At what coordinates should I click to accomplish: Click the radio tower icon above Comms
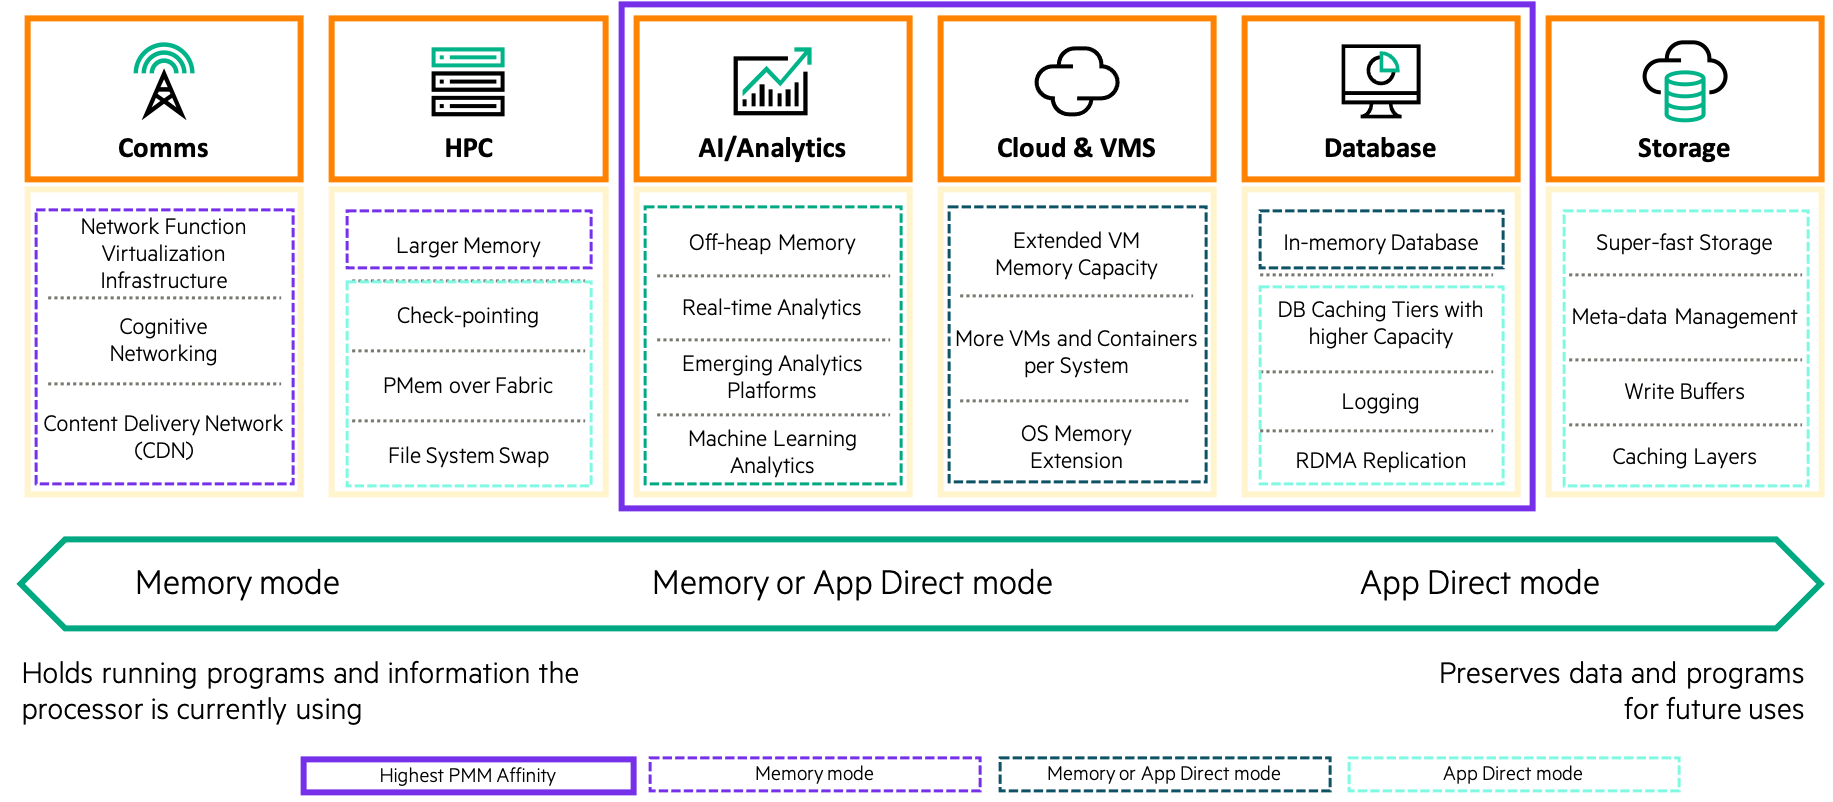[x=164, y=81]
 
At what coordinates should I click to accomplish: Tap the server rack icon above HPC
[x=468, y=81]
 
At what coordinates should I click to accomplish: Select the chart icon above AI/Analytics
[x=772, y=81]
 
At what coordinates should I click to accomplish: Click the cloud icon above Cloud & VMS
[x=1076, y=80]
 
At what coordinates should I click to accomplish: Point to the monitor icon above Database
[x=1380, y=80]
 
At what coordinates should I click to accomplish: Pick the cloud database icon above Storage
[x=1684, y=80]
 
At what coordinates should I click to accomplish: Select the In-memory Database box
[x=1380, y=241]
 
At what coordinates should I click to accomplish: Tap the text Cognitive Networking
[x=164, y=340]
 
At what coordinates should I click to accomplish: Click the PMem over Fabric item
[x=468, y=386]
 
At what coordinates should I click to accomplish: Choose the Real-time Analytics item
[x=772, y=308]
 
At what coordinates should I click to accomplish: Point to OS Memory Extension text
[x=1076, y=447]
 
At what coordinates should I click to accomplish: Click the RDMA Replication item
[x=1380, y=461]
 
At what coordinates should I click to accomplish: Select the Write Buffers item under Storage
[x=1684, y=392]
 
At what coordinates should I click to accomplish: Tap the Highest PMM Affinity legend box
[x=468, y=775]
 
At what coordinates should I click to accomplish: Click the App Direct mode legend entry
[x=1513, y=774]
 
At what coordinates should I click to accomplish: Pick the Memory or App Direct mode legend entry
[x=1164, y=774]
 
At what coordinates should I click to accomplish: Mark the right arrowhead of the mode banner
[x=1799, y=584]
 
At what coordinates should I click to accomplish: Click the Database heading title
[x=1380, y=148]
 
